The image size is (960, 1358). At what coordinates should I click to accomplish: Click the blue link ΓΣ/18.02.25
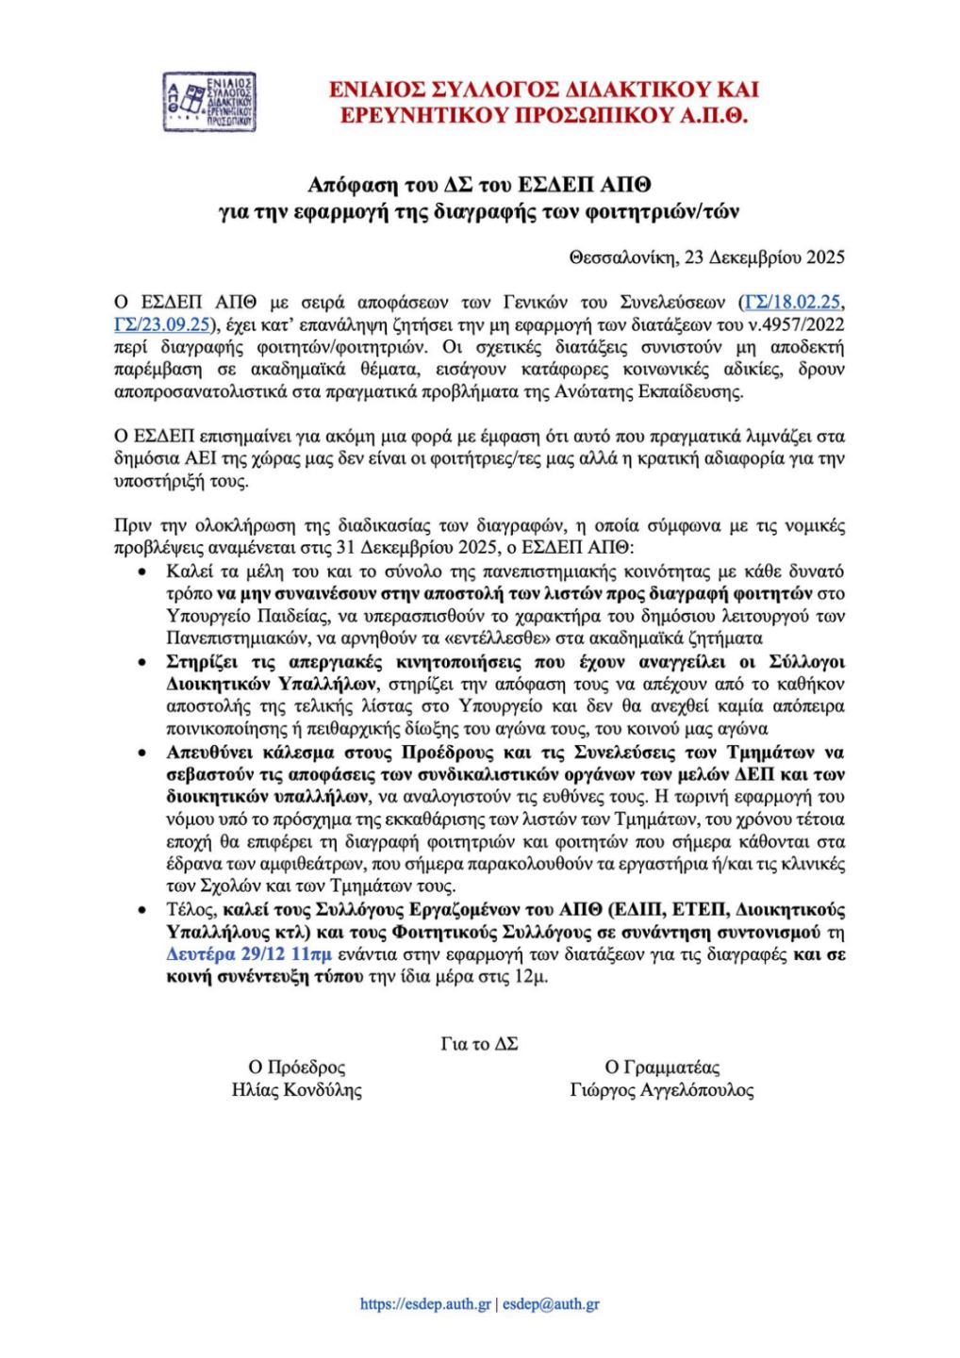click(791, 303)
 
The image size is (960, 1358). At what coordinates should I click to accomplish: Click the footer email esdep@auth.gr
click(551, 1305)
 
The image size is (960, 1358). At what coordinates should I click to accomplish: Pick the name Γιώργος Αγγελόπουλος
click(662, 1090)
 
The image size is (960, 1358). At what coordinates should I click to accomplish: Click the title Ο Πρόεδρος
click(296, 1068)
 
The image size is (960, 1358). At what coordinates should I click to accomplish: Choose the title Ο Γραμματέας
click(662, 1068)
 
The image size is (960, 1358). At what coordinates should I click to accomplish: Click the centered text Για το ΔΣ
click(479, 1044)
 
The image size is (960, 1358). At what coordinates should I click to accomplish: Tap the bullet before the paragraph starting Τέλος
click(142, 911)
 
